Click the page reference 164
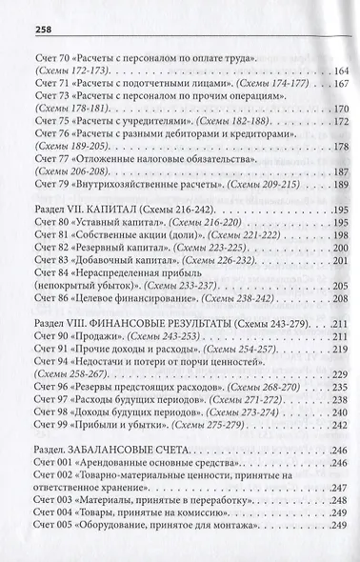click(x=340, y=72)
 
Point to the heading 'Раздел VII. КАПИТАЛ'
click(x=100, y=208)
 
